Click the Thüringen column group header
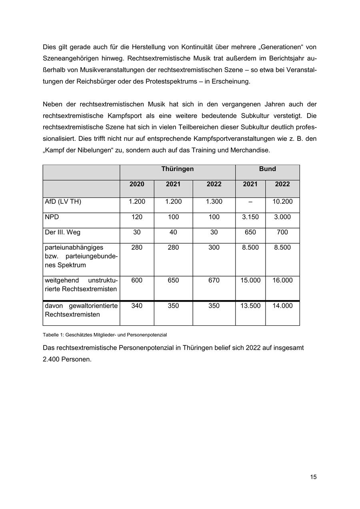coord(177,169)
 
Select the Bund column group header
coord(267,169)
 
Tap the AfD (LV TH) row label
coord(63,202)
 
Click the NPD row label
coord(52,217)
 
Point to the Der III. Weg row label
coord(63,232)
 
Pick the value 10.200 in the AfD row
coord(282,202)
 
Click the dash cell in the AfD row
coord(250,202)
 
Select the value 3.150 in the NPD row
coord(250,217)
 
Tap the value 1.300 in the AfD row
coord(214,202)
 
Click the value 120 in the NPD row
coord(137,217)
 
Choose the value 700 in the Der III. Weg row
coord(282,232)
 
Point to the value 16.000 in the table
coord(282,281)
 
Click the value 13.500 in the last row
coord(250,306)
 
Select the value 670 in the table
coord(214,281)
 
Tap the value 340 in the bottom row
coord(137,306)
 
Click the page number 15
coord(313,477)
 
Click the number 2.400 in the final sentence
coord(52,359)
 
